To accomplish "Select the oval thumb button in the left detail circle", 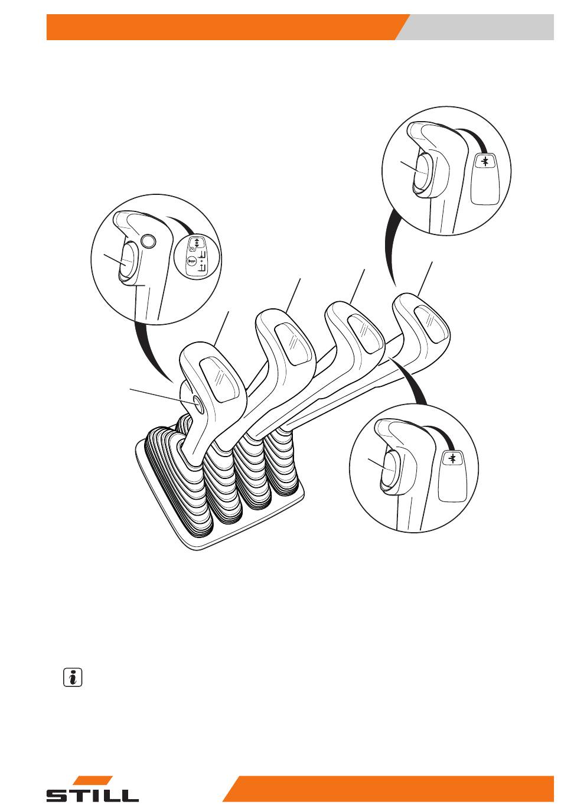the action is tap(127, 260).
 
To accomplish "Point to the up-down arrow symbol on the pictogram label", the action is tap(197, 242).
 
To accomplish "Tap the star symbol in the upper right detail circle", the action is tap(485, 161).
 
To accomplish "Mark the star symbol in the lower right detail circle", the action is tap(452, 458).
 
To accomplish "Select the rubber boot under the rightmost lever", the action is tap(281, 462).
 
